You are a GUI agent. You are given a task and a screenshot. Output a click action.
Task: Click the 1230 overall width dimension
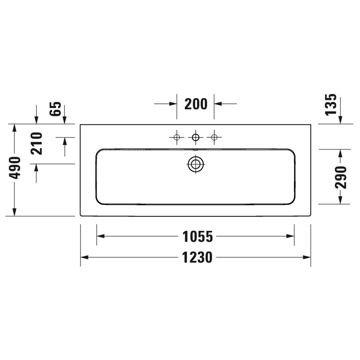pos(197,258)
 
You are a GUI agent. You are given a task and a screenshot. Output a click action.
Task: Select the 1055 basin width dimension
pos(197,237)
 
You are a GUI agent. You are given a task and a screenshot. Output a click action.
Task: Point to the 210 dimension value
pos(37,143)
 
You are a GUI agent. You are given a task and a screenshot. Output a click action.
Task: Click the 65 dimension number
pos(56,109)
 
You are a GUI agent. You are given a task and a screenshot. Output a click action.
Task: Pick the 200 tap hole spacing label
pos(196,103)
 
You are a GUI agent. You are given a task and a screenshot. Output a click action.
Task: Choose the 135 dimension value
pos(332,104)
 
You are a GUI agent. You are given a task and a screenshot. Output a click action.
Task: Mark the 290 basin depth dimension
pos(341,177)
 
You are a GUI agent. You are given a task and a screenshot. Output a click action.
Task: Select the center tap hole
pos(195,137)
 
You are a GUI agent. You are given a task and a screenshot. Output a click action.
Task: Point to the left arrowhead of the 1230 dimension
pos(84,258)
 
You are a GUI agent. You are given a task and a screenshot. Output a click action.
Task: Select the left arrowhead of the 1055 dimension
pos(100,237)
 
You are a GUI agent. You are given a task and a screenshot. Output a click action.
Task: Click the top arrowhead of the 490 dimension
pos(15,128)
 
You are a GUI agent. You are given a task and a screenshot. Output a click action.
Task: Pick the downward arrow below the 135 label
pos(340,120)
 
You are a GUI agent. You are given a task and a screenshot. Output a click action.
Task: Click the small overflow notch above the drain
pos(195,149)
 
